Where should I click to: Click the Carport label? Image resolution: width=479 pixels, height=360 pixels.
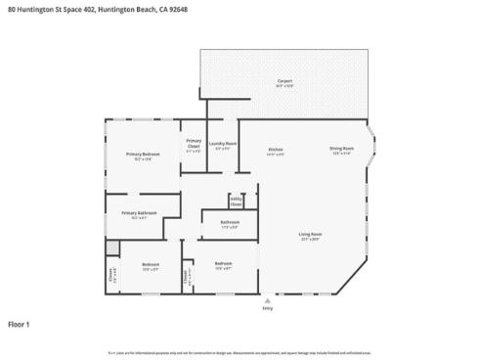point(284,81)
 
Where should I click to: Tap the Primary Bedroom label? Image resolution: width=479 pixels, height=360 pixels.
point(143,154)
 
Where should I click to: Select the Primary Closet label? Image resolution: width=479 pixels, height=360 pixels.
point(195,143)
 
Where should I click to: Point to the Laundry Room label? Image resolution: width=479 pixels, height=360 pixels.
point(224,144)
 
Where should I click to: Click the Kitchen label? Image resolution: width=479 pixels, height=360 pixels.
point(276,150)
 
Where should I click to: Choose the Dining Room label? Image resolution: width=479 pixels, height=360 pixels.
point(341,148)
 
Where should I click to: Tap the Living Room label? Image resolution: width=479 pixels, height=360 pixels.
point(311,234)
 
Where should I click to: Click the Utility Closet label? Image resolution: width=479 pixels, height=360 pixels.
point(236,202)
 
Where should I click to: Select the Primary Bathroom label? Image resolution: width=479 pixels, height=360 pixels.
point(140,212)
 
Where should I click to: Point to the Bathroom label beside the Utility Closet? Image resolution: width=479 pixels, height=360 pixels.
point(230,222)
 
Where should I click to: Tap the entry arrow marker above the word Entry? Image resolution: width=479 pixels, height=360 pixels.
point(268,299)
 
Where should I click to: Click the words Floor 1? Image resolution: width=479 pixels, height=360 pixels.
point(20,323)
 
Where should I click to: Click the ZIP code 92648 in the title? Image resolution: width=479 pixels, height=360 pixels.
point(177,10)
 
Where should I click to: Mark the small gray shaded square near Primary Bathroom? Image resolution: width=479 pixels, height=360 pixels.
point(112,245)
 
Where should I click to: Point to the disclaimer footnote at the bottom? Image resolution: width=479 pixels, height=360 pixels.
point(239,352)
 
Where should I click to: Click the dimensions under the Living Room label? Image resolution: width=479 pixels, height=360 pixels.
point(311,239)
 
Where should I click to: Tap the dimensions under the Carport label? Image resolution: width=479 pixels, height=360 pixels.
point(284,86)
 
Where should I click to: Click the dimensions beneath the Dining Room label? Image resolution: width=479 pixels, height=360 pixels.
point(341,153)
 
